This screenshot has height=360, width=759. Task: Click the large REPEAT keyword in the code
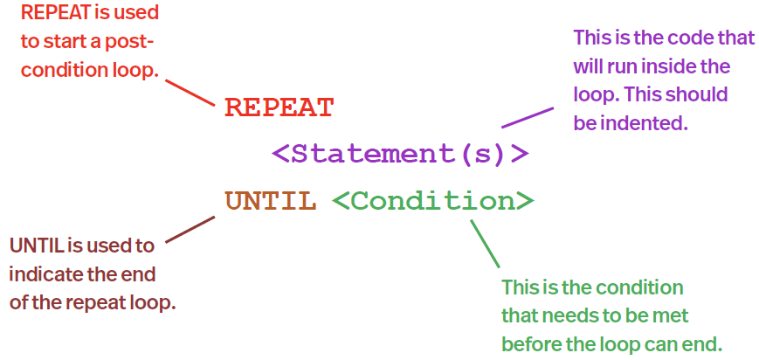[x=279, y=107]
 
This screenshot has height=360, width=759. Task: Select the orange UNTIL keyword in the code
[x=271, y=202]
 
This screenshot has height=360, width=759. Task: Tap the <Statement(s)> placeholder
[x=400, y=154]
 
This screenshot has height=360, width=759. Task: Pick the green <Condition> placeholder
[x=433, y=202]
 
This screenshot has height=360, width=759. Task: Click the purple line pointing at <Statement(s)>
[x=527, y=117]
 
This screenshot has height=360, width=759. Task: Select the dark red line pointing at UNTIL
[x=189, y=232]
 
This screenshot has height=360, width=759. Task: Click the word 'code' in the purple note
[x=680, y=38]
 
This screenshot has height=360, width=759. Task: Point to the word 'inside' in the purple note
[x=673, y=66]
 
